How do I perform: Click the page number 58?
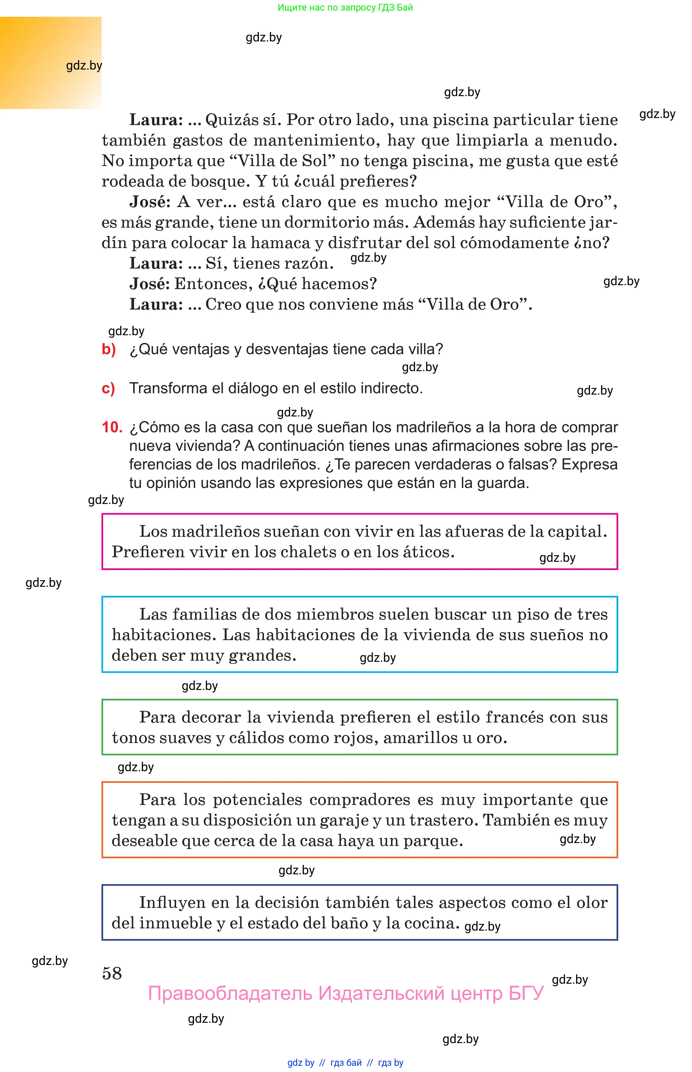[112, 973]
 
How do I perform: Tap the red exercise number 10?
[112, 427]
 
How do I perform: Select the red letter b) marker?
[109, 349]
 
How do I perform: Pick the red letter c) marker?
[108, 388]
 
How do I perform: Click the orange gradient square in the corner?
[50, 63]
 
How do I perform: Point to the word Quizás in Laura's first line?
[230, 120]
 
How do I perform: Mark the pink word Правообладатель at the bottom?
[230, 993]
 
